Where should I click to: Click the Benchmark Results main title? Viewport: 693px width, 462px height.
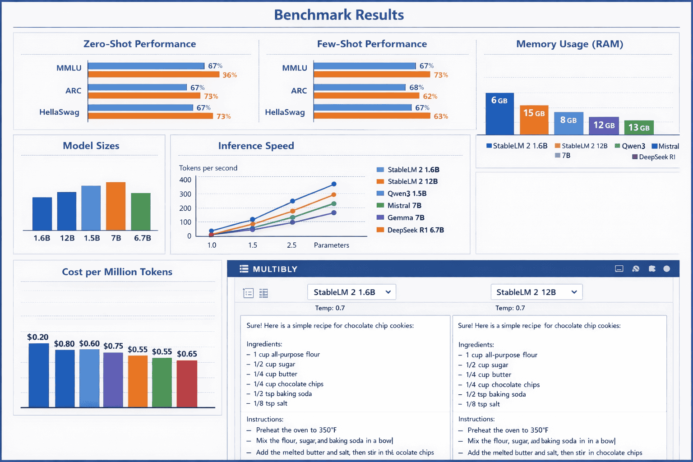pyautogui.click(x=339, y=15)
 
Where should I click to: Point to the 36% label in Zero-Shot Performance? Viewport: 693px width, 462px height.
pyautogui.click(x=230, y=75)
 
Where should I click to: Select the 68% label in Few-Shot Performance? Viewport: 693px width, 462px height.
pyautogui.click(x=416, y=88)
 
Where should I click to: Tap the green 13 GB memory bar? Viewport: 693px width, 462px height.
pyautogui.click(x=638, y=128)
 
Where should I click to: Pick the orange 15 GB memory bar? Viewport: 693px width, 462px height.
pyautogui.click(x=534, y=120)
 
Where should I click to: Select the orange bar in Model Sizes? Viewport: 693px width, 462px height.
pyautogui.click(x=115, y=206)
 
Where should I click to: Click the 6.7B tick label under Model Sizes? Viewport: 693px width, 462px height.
pyautogui.click(x=142, y=238)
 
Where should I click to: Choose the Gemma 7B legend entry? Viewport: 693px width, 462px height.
pyautogui.click(x=405, y=217)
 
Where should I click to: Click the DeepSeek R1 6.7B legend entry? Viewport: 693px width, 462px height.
pyautogui.click(x=415, y=230)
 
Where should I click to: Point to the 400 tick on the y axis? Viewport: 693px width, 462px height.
pyautogui.click(x=185, y=180)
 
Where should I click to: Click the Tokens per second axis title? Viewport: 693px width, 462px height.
pyautogui.click(x=208, y=168)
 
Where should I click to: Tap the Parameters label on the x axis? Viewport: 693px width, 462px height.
pyautogui.click(x=331, y=245)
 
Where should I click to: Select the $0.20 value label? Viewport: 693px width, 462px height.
pyautogui.click(x=37, y=337)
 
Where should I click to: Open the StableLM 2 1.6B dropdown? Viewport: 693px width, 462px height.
pyautogui.click(x=351, y=292)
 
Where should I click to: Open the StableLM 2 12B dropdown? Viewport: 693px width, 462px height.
pyautogui.click(x=536, y=292)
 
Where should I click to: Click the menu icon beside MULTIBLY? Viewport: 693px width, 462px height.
pyautogui.click(x=244, y=269)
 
